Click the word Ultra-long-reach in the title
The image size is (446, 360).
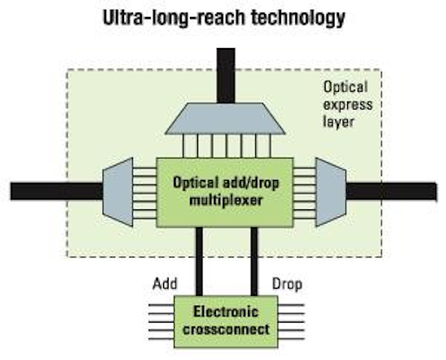(174, 17)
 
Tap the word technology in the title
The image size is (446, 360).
(298, 19)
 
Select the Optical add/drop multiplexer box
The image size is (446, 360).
(225, 192)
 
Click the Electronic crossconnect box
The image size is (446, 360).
(226, 322)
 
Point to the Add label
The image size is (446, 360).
(165, 283)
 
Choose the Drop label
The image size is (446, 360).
(287, 284)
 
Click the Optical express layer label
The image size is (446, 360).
(348, 104)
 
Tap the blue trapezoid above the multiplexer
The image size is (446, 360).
(226, 119)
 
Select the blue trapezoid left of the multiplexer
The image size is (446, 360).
(118, 192)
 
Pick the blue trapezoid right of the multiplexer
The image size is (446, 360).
(331, 192)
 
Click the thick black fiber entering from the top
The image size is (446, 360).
(226, 76)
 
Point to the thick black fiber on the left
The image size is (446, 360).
(56, 191)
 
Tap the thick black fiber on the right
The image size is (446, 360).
(392, 192)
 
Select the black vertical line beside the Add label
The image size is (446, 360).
(199, 261)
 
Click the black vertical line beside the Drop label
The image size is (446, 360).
(254, 261)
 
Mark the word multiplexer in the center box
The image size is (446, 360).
(226, 200)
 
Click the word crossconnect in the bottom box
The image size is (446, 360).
(227, 330)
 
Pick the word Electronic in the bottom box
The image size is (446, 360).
(226, 312)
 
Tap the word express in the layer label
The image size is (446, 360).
(348, 105)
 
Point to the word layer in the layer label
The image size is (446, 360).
(339, 122)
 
